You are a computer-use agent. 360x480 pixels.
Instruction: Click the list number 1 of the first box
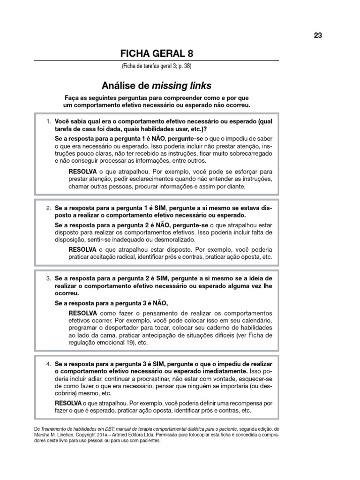[48, 122]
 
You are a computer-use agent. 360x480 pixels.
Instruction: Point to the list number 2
[48, 208]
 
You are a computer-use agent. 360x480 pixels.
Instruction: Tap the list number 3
[48, 278]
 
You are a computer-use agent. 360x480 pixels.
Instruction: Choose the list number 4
[48, 364]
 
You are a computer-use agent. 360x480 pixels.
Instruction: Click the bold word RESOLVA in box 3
[83, 313]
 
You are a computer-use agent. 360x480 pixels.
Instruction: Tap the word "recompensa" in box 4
[246, 403]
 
